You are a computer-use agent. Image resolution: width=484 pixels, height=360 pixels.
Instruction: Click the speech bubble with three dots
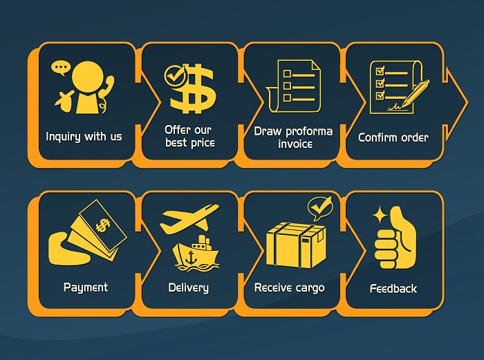click(61, 68)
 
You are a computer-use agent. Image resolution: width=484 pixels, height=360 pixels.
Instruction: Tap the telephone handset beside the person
click(106, 93)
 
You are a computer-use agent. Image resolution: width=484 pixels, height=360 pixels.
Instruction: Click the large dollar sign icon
click(194, 88)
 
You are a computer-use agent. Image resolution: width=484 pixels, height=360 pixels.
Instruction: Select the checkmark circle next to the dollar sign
click(175, 75)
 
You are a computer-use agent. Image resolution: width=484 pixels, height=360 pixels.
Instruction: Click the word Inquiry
click(64, 136)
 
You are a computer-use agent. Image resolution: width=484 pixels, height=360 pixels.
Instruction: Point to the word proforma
click(309, 132)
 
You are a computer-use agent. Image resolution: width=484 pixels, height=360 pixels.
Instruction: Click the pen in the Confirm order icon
click(416, 93)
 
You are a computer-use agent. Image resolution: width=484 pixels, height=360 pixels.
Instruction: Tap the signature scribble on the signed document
click(395, 107)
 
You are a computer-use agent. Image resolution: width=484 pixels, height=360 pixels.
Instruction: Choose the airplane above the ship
click(189, 218)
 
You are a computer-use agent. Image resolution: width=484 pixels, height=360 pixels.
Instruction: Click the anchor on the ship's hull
click(192, 257)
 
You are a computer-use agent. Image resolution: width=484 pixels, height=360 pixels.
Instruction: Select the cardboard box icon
click(296, 245)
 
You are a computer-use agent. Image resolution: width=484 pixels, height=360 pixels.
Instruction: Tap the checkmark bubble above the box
click(319, 209)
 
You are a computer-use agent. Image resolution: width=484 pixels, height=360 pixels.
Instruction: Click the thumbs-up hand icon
click(395, 238)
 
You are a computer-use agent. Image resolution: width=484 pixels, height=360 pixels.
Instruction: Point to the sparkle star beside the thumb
click(380, 215)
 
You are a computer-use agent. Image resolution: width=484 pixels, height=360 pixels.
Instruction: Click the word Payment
click(86, 287)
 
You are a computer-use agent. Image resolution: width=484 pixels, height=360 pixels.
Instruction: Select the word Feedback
click(393, 289)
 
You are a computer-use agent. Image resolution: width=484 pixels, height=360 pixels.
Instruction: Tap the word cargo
click(310, 288)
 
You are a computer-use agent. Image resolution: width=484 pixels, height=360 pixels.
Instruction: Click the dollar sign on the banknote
click(102, 225)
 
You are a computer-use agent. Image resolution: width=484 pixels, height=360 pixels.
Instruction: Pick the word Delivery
click(188, 288)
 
